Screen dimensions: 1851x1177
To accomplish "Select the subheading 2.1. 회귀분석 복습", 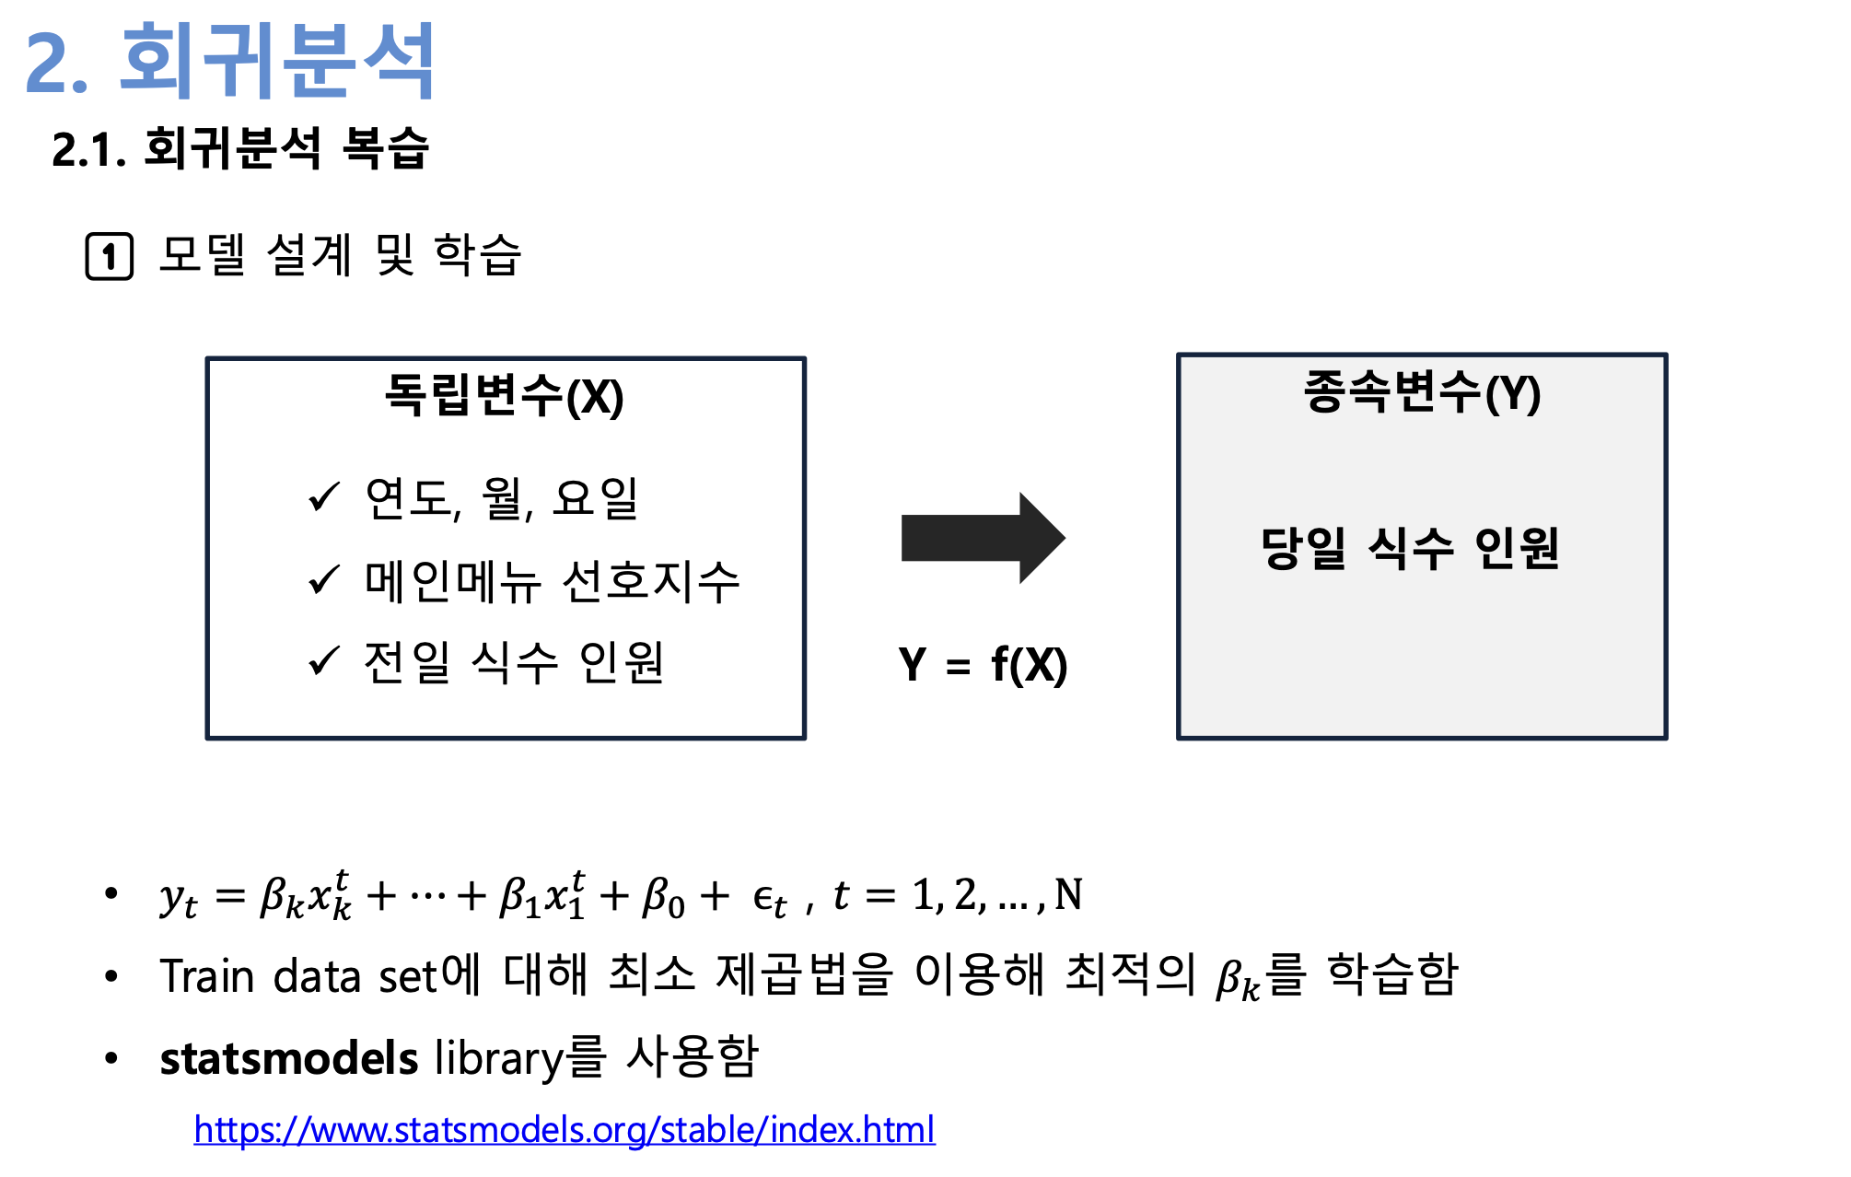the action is click(x=240, y=149).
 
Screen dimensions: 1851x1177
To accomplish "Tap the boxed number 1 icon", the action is click(x=110, y=256).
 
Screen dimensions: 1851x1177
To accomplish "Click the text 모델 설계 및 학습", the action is click(x=340, y=255).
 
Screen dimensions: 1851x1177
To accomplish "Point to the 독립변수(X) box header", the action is click(x=504, y=396).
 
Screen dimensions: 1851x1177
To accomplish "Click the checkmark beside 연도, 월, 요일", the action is click(x=324, y=497).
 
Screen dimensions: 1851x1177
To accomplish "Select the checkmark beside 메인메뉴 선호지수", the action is click(x=324, y=579).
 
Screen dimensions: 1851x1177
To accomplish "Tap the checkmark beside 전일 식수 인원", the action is click(x=324, y=660).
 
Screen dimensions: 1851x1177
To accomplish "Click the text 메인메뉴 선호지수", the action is click(x=553, y=581).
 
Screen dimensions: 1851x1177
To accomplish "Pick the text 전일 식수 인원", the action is click(x=514, y=662).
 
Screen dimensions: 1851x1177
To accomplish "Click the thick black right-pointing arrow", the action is click(x=982, y=538).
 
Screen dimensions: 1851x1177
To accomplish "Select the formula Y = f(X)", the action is click(x=983, y=665).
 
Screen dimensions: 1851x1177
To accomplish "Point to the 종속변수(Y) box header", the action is click(x=1422, y=392).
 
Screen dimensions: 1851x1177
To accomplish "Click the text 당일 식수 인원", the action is click(x=1410, y=549).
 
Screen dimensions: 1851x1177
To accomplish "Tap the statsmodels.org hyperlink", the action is click(x=565, y=1129).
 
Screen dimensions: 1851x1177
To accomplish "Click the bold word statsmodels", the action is click(x=289, y=1058).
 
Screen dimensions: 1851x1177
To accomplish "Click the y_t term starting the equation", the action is click(x=178, y=897).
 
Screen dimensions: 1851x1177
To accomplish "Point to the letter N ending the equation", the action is click(x=1068, y=894).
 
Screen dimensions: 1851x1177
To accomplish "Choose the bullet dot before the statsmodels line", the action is click(x=111, y=1058).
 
